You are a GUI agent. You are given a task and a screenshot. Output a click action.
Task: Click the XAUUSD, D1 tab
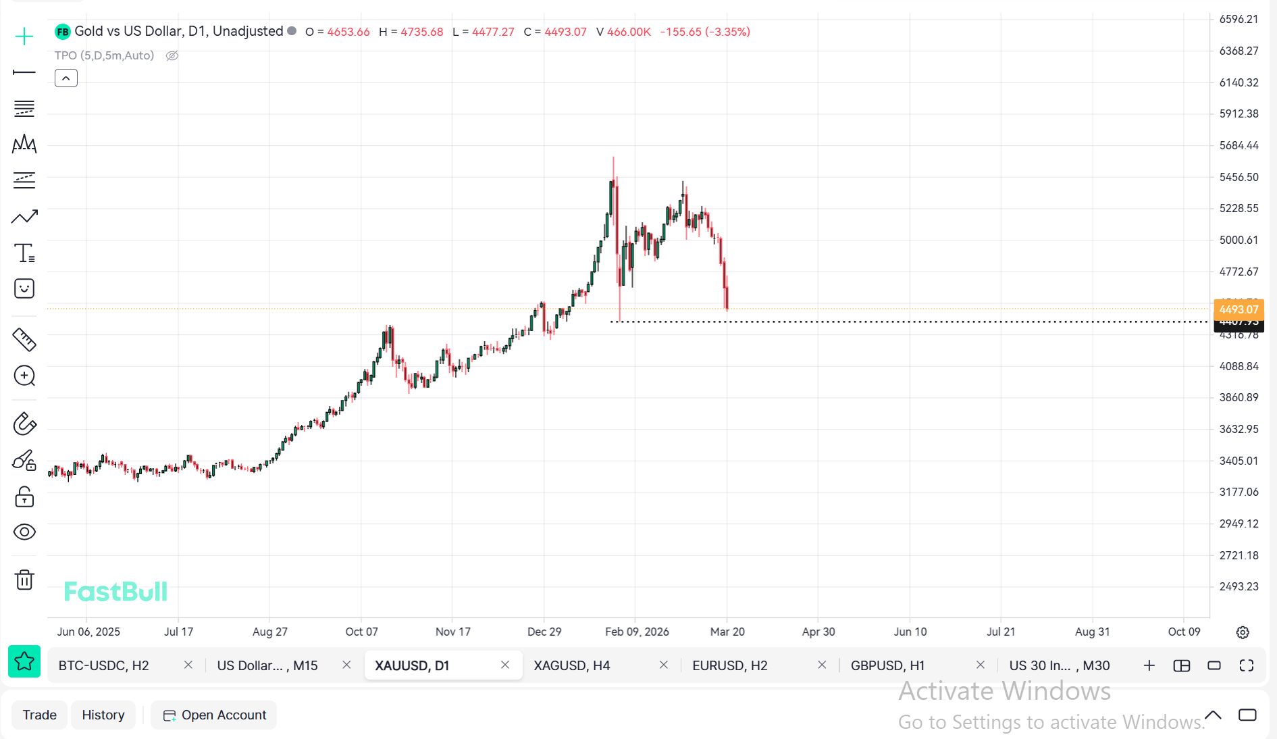412,665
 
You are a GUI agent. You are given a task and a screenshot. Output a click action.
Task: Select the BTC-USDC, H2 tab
103,665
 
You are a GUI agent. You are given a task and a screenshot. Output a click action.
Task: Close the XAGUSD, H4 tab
663,665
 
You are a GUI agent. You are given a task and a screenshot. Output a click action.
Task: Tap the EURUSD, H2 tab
729,665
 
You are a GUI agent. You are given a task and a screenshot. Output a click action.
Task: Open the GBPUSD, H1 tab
887,665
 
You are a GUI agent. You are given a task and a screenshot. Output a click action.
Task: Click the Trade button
39,715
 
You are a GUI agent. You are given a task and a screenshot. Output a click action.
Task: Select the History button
103,715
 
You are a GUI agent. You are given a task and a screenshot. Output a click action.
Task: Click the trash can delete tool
24,580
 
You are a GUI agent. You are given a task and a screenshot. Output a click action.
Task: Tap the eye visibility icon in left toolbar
24,532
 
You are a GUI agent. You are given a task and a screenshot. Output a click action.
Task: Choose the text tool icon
24,253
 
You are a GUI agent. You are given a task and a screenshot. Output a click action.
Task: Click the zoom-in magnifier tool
24,376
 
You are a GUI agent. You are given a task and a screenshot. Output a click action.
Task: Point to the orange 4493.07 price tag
1238,309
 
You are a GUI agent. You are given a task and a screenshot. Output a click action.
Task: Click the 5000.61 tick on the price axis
1239,240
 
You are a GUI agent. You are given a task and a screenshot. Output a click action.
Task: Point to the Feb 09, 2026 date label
637,632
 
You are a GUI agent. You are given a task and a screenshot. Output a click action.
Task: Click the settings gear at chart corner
1243,632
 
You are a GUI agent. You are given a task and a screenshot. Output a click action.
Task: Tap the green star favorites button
24,661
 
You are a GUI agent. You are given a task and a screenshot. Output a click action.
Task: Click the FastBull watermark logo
115,592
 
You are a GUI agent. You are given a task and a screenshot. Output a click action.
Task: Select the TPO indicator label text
104,55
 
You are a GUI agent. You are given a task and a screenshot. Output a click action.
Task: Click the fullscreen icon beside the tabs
1247,665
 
